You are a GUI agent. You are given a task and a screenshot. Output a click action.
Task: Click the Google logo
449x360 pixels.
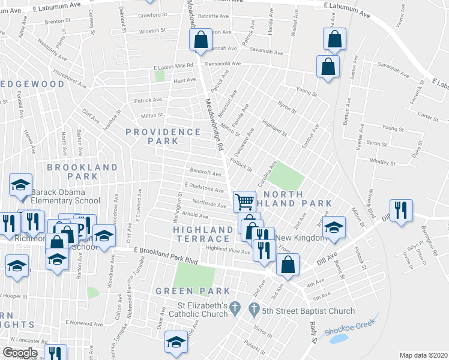click(x=20, y=353)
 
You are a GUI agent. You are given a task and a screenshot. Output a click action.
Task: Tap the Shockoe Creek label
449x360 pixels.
click(x=349, y=326)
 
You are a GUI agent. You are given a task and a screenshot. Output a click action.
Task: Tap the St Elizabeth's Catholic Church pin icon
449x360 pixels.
click(x=235, y=309)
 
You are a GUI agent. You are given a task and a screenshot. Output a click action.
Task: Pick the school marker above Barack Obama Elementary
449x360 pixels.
click(x=21, y=185)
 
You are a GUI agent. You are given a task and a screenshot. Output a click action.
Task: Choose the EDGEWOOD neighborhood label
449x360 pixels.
click(x=33, y=84)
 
